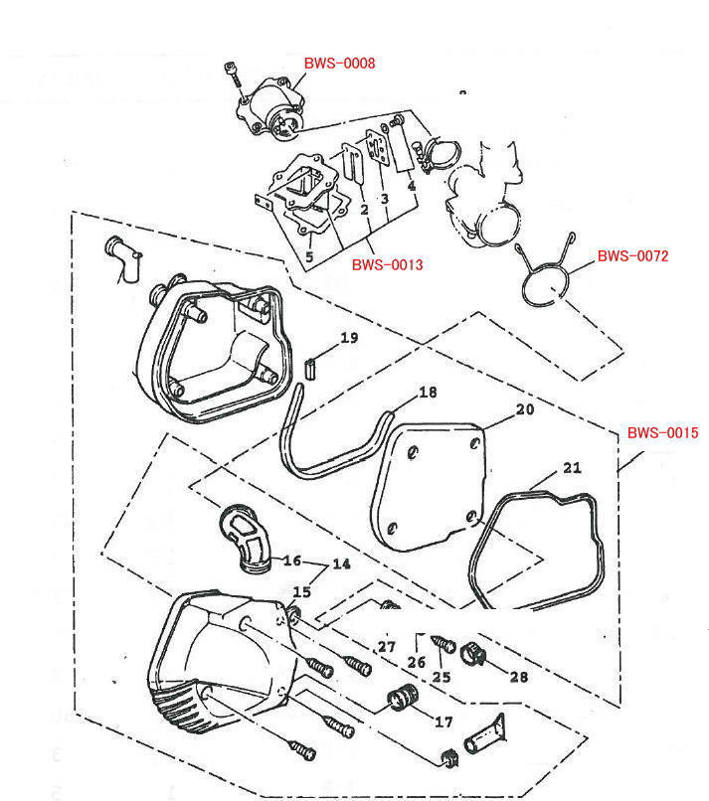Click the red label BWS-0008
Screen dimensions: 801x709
pos(340,64)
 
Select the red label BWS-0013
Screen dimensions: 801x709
pos(388,265)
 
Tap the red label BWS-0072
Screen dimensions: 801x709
pos(632,256)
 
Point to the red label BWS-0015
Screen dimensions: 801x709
pos(662,433)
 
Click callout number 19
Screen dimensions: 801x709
pos(348,339)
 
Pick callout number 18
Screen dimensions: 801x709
pos(427,393)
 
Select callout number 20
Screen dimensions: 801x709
pos(524,409)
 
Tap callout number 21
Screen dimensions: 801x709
pos(571,468)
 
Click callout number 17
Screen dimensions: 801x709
pos(443,722)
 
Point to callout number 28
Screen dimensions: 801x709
pos(519,678)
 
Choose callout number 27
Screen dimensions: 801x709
pos(387,647)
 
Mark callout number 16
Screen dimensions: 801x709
pos(292,561)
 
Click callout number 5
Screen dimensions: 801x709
pos(309,256)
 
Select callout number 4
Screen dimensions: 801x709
pos(410,186)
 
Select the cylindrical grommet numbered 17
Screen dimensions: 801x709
pos(400,701)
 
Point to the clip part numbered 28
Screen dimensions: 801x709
pos(472,654)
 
